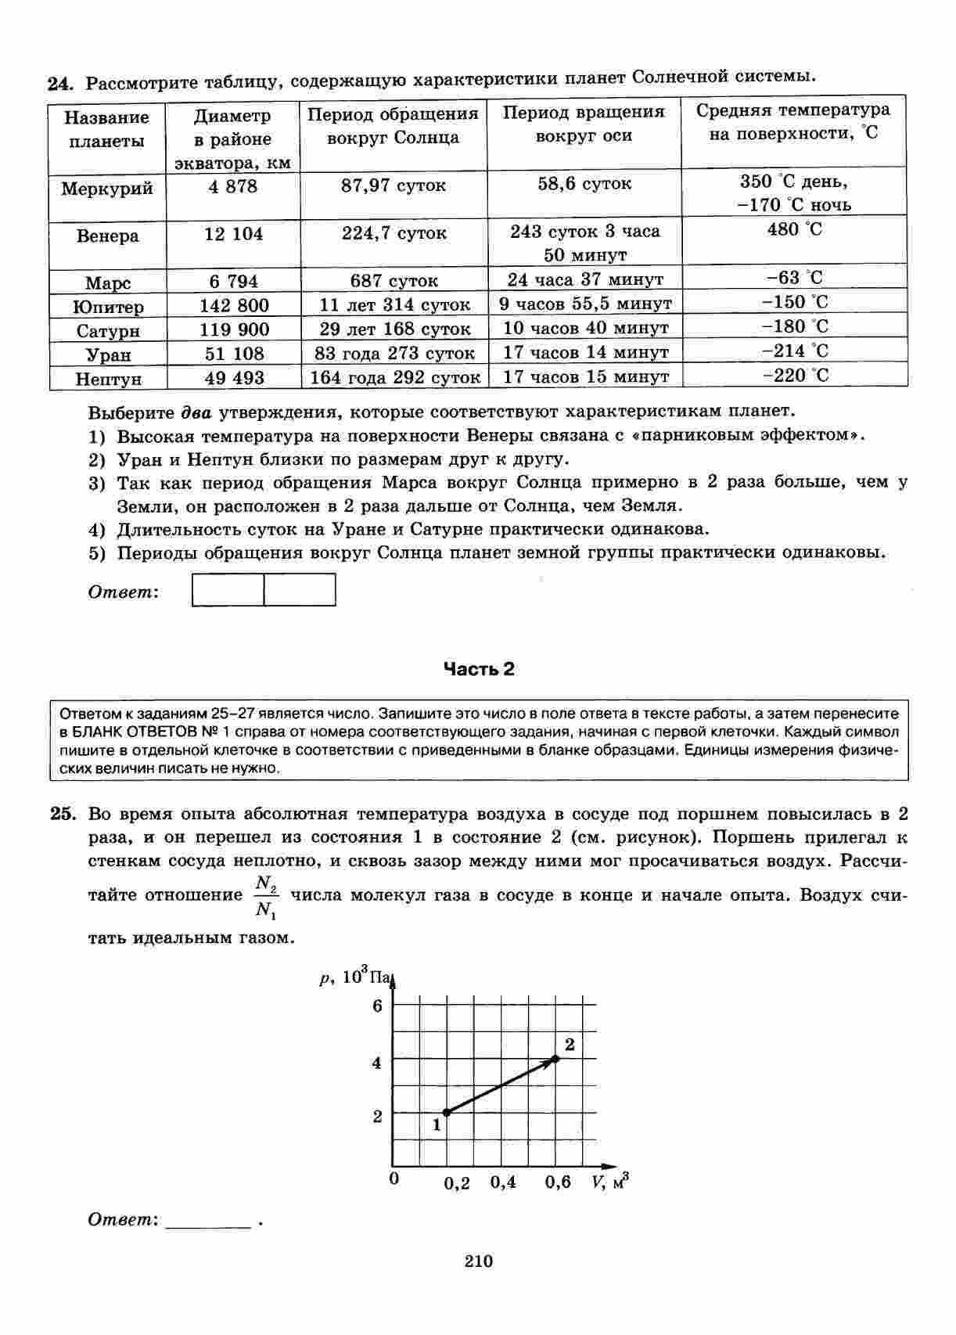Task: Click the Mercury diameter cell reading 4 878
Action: click(233, 187)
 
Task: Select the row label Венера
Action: click(108, 236)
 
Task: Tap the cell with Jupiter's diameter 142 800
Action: click(233, 305)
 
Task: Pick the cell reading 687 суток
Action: click(394, 281)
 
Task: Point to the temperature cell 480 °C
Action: click(794, 230)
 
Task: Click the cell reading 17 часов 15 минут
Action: click(585, 377)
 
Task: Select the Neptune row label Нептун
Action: click(108, 380)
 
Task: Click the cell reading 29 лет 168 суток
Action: click(394, 329)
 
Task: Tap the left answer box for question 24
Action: click(228, 590)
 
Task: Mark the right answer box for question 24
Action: click(300, 590)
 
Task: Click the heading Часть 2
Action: click(479, 669)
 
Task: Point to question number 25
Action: click(63, 813)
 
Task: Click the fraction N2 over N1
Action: click(266, 897)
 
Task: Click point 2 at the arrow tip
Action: click(555, 1059)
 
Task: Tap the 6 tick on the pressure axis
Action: click(377, 1006)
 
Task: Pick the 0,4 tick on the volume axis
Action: click(503, 1182)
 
